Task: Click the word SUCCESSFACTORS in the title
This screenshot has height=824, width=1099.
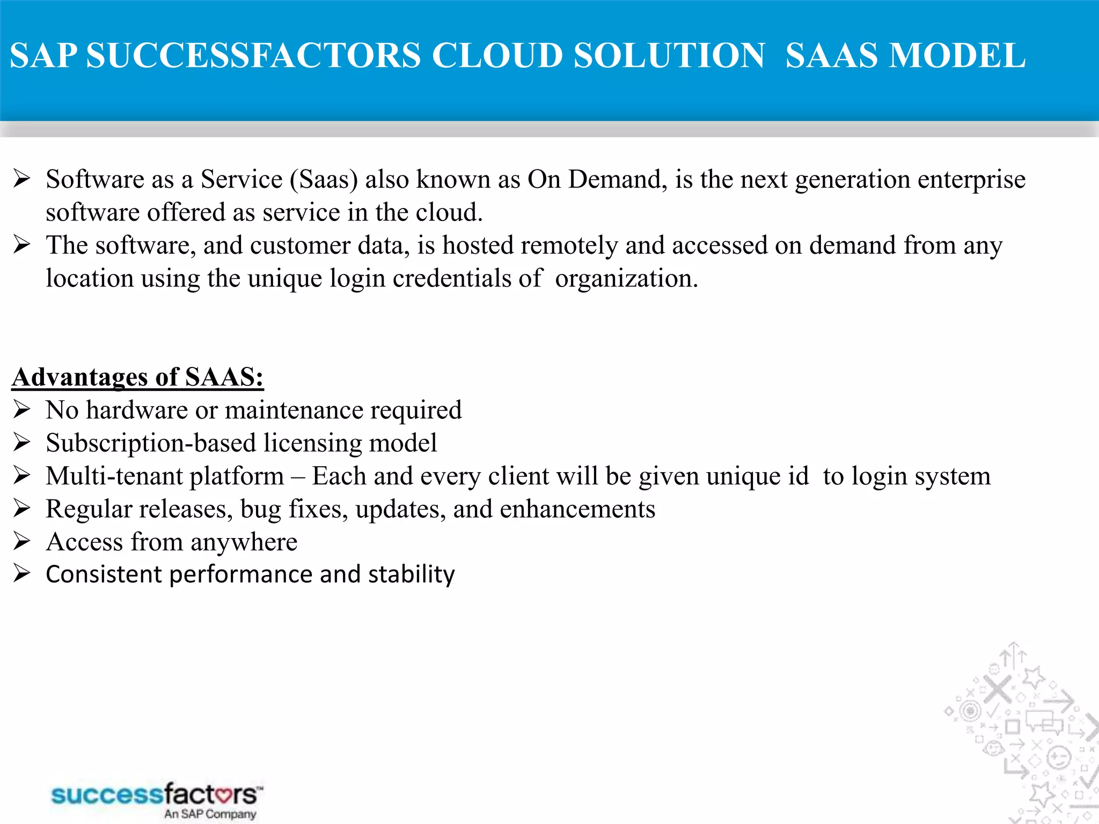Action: [253, 56]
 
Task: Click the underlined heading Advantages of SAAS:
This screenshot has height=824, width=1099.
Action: [138, 377]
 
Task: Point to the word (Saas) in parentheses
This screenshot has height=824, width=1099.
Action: [324, 180]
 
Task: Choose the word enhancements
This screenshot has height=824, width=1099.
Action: [577, 509]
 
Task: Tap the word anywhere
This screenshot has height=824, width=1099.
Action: [244, 543]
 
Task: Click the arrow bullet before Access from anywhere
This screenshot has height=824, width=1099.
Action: [21, 541]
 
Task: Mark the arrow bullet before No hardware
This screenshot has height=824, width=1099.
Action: [21, 410]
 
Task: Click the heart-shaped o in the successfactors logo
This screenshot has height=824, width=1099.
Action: [221, 794]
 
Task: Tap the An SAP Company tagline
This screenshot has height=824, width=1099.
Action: [210, 814]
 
